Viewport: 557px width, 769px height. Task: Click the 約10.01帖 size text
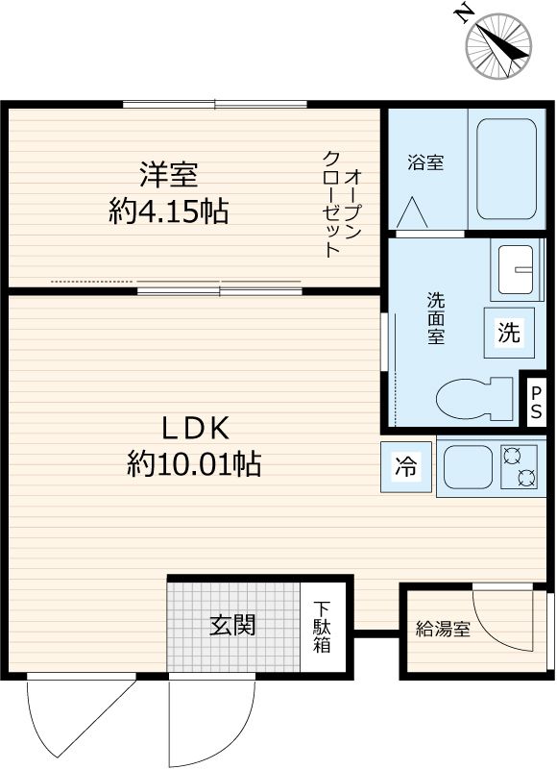click(193, 466)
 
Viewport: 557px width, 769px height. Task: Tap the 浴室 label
click(424, 162)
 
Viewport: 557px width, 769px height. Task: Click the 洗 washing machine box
click(508, 333)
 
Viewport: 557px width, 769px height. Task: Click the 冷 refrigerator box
click(405, 468)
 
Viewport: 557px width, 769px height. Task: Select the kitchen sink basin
click(469, 468)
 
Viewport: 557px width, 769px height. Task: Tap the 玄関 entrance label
click(232, 625)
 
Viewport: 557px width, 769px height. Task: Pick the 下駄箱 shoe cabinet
click(322, 627)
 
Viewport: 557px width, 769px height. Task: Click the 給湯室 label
click(443, 631)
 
